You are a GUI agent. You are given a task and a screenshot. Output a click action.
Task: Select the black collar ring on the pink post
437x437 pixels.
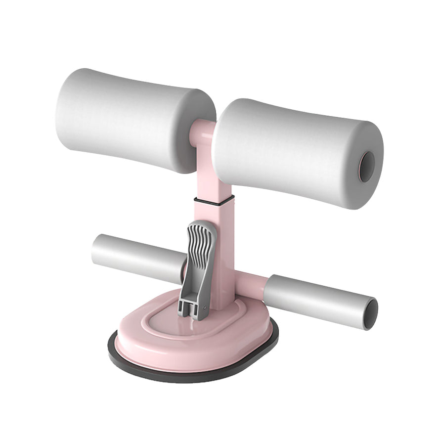(214, 200)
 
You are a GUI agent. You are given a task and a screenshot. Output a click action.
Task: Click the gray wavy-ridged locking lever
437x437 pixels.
(200, 252)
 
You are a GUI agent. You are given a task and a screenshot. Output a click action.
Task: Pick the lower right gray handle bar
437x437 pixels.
(316, 299)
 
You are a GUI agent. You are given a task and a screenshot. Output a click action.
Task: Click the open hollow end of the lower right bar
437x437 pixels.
(370, 314)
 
